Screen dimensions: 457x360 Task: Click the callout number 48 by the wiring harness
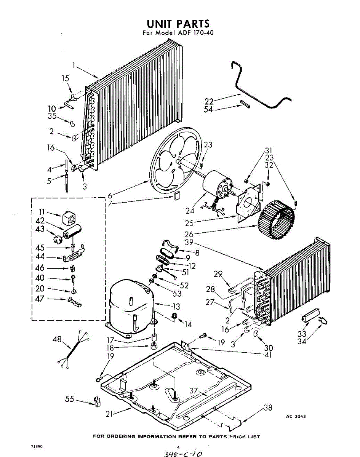(x=57, y=339)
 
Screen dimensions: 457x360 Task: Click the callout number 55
(x=69, y=399)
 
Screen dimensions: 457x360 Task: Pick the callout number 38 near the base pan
(x=268, y=408)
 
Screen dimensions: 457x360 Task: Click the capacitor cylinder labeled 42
(x=73, y=231)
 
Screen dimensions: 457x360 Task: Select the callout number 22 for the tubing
(x=208, y=101)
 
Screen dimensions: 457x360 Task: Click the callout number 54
(x=208, y=110)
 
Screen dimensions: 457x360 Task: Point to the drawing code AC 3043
(x=296, y=416)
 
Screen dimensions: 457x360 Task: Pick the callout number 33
(x=302, y=334)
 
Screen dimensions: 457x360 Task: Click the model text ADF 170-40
(x=194, y=33)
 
